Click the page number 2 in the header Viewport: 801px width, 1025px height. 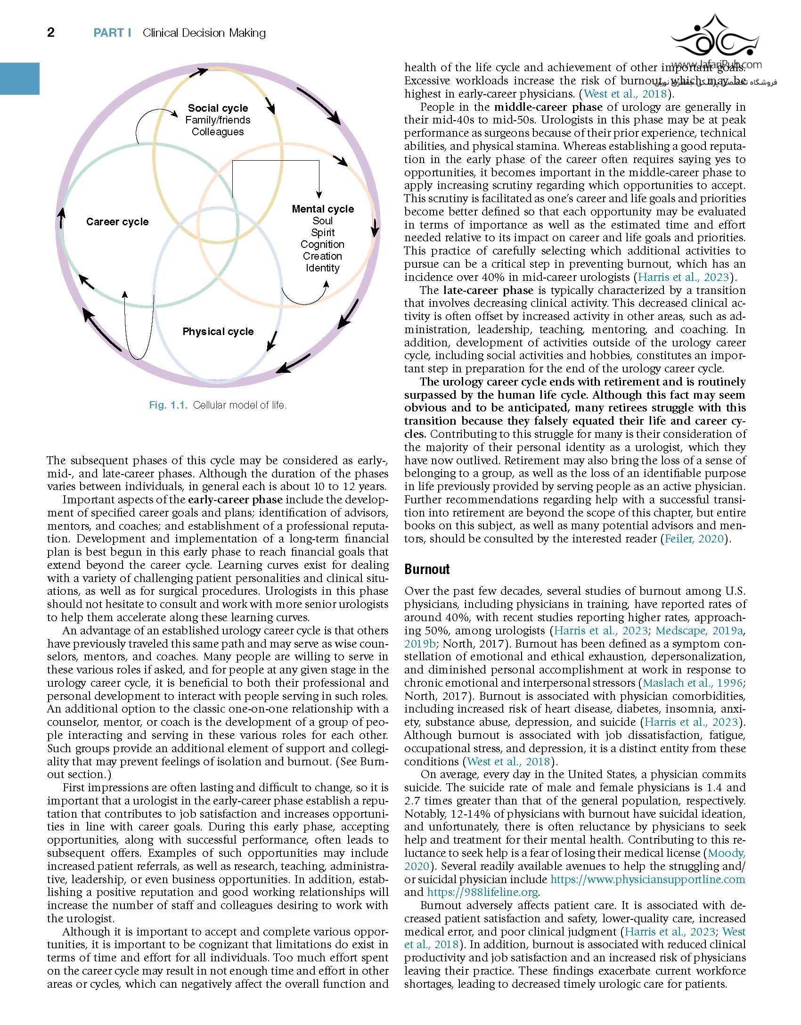tap(51, 33)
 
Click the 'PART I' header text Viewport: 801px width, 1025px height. tap(112, 33)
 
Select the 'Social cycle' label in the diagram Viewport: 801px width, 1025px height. tap(218, 108)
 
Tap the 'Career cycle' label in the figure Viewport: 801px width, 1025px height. tap(117, 222)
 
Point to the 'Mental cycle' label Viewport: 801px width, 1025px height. tap(323, 209)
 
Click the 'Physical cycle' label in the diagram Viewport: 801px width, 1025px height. tap(218, 332)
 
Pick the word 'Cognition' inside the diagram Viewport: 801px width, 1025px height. tap(322, 245)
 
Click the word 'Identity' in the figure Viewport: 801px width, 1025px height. tap(322, 268)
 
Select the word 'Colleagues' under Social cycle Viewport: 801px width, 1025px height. tap(218, 132)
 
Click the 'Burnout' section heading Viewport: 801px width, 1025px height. tap(427, 569)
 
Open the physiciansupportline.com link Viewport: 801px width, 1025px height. tap(647, 879)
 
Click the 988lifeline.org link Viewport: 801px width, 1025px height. tap(483, 892)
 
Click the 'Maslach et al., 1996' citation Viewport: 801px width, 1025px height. tap(693, 683)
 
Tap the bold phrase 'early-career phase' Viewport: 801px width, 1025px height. tap(235, 500)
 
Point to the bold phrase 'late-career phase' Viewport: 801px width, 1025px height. tap(488, 290)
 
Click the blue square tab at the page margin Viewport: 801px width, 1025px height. tap(19, 78)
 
